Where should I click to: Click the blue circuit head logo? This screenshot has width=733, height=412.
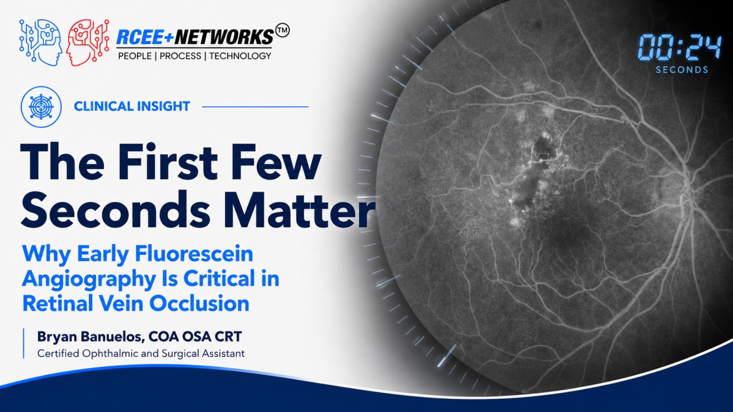pyautogui.click(x=41, y=42)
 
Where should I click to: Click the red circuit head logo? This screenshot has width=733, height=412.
pyautogui.click(x=88, y=42)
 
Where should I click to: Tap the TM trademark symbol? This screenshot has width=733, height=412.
pyautogui.click(x=283, y=31)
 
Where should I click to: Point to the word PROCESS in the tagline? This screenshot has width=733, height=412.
pyautogui.click(x=180, y=56)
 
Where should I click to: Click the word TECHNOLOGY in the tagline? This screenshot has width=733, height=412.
pyautogui.click(x=241, y=56)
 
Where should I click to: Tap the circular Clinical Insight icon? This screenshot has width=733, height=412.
pyautogui.click(x=41, y=106)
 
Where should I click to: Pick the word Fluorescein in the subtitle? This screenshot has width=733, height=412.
pyautogui.click(x=194, y=254)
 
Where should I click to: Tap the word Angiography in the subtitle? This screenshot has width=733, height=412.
pyautogui.click(x=89, y=279)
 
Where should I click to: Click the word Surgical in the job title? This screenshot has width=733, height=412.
pyautogui.click(x=180, y=353)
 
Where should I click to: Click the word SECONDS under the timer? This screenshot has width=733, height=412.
pyautogui.click(x=682, y=70)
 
